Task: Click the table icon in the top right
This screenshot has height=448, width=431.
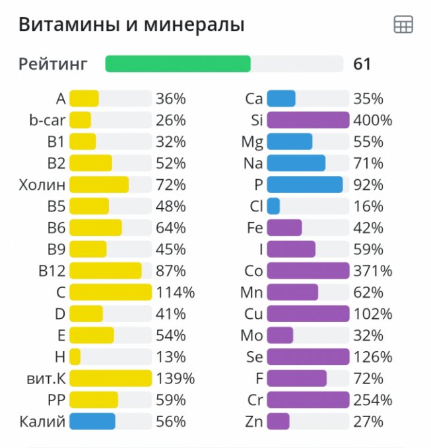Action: click(403, 25)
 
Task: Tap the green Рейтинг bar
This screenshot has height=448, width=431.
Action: click(178, 64)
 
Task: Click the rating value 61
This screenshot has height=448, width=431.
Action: click(362, 64)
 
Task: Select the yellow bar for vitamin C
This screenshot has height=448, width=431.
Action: click(110, 292)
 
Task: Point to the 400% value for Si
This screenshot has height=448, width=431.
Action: click(373, 121)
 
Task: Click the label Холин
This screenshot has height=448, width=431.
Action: click(42, 184)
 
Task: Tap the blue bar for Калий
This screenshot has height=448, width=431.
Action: click(92, 422)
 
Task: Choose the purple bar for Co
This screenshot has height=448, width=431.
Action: click(308, 271)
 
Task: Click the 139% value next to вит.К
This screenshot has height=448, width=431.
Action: click(175, 378)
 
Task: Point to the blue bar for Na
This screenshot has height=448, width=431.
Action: click(296, 163)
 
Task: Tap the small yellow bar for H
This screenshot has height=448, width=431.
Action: click(75, 356)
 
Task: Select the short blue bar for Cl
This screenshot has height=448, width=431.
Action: click(273, 206)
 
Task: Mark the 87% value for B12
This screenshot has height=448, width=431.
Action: click(171, 271)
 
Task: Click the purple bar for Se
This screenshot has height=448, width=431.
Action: click(308, 356)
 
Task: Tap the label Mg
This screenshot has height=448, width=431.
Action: click(252, 142)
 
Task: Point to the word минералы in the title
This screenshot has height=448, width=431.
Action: click(199, 25)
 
